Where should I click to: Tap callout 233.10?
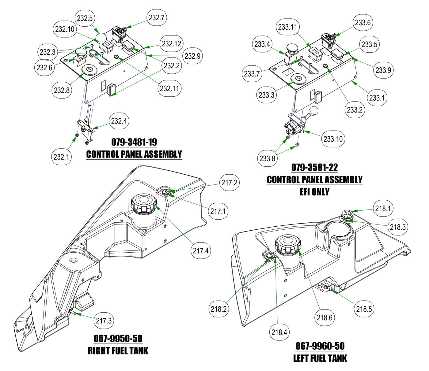tap(333, 139)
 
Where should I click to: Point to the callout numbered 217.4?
tap(201, 251)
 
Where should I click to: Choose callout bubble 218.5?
tap(364, 309)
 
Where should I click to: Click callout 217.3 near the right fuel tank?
tap(104, 321)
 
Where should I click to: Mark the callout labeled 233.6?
tap(363, 22)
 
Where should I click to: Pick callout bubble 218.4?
tap(279, 332)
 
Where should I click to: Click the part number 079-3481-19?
tap(134, 142)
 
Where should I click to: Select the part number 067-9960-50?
tap(320, 346)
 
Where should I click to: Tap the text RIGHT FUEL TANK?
tap(118, 351)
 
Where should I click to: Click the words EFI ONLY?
tap(314, 192)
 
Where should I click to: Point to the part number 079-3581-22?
tap(314, 167)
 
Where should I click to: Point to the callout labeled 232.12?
tap(171, 43)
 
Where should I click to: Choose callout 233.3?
tap(266, 95)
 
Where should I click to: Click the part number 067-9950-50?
tap(118, 339)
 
